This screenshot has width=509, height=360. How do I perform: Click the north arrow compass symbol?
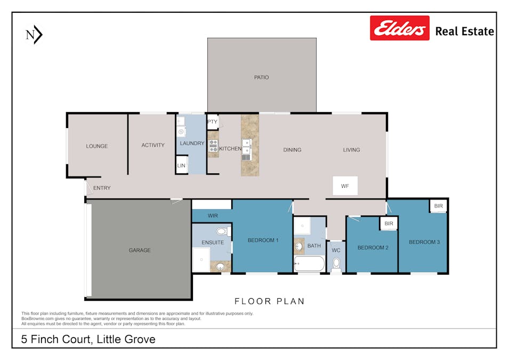click(x=34, y=35)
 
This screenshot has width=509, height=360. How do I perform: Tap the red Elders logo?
click(x=400, y=28)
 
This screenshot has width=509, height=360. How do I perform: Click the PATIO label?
click(x=261, y=77)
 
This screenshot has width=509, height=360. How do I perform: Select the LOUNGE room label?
click(x=97, y=146)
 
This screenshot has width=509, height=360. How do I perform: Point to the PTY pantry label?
click(x=212, y=122)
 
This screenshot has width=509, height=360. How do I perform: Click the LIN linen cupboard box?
click(x=181, y=166)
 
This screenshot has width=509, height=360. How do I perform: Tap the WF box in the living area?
click(x=345, y=186)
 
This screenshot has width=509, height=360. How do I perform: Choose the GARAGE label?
click(x=140, y=250)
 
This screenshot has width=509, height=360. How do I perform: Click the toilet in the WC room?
click(x=336, y=264)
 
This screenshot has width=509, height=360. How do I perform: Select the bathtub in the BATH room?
click(x=309, y=263)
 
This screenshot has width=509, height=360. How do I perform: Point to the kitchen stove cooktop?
click(x=213, y=145)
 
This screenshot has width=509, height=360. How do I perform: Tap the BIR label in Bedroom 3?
click(x=438, y=206)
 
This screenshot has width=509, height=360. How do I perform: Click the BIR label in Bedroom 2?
click(x=389, y=223)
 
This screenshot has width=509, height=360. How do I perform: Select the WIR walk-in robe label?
click(x=213, y=215)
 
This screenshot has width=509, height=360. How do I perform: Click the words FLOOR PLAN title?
click(x=270, y=301)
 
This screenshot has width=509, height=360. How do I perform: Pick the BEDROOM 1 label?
click(x=263, y=240)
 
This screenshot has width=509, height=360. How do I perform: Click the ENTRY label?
click(x=102, y=188)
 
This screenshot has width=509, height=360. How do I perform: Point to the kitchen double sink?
click(x=246, y=147)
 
